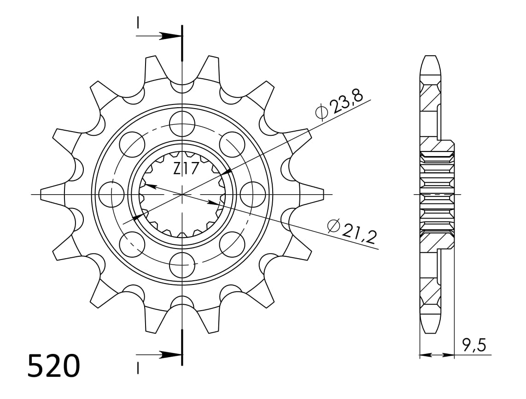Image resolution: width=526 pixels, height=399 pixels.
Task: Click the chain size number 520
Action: tap(53, 366)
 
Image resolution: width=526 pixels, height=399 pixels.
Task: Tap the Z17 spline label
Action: tap(186, 169)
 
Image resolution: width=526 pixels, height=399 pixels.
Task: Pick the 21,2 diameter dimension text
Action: tap(358, 231)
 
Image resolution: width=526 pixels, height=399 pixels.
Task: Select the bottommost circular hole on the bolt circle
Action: tap(182, 265)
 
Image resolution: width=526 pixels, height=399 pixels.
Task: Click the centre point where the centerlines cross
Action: tap(182, 195)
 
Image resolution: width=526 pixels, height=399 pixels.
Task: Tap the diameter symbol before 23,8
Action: tap(321, 111)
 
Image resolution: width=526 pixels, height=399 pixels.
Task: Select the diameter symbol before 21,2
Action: tap(333, 226)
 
